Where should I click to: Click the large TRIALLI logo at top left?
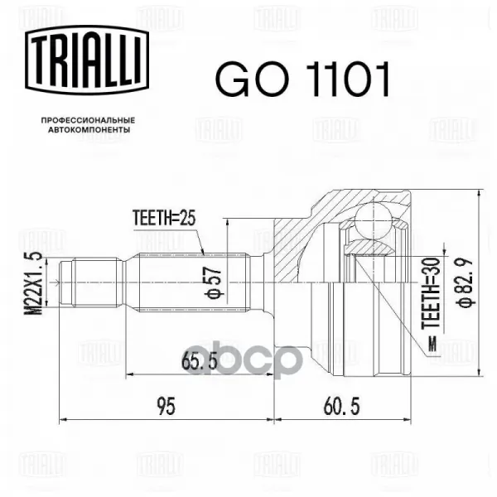tap(87, 60)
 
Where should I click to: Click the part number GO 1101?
tap(302, 79)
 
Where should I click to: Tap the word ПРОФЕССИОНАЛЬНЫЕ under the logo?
tap(89, 120)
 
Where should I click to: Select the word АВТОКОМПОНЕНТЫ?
tap(89, 130)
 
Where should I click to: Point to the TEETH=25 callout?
tap(164, 218)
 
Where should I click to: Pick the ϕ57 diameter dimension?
tap(214, 282)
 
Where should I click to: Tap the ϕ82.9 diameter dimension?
tap(465, 282)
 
